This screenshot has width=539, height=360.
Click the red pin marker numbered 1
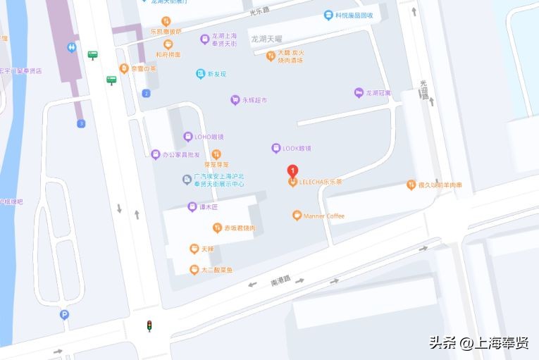click(292, 171)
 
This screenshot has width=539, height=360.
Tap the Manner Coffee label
click(324, 216)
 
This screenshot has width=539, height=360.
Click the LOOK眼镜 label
click(297, 148)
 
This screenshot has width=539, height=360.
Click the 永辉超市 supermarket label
click(254, 101)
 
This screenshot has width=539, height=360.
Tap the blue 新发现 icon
click(201, 74)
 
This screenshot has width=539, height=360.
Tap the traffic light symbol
click(149, 325)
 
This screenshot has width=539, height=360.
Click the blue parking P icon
click(65, 315)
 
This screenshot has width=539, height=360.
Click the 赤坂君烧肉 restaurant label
click(240, 228)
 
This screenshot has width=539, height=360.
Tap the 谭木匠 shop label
click(209, 207)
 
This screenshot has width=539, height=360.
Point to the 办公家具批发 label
click(181, 154)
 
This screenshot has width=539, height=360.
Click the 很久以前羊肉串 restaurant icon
click(411, 185)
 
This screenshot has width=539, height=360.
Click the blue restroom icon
click(73, 47)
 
